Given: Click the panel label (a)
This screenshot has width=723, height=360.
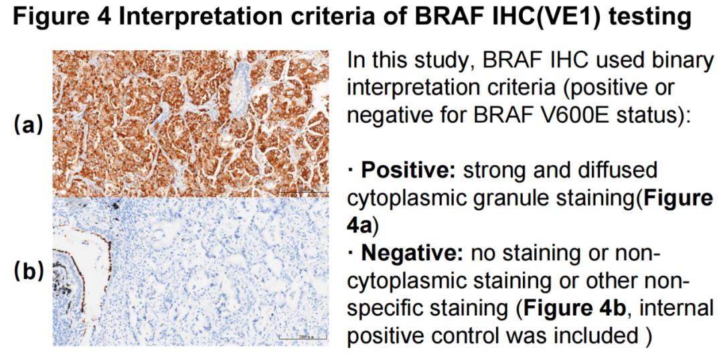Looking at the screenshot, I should [29, 125].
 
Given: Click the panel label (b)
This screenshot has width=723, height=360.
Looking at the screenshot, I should [29, 272].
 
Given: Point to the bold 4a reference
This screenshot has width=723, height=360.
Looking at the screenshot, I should [359, 226].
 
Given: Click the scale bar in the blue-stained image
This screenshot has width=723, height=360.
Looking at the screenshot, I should [302, 336].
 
